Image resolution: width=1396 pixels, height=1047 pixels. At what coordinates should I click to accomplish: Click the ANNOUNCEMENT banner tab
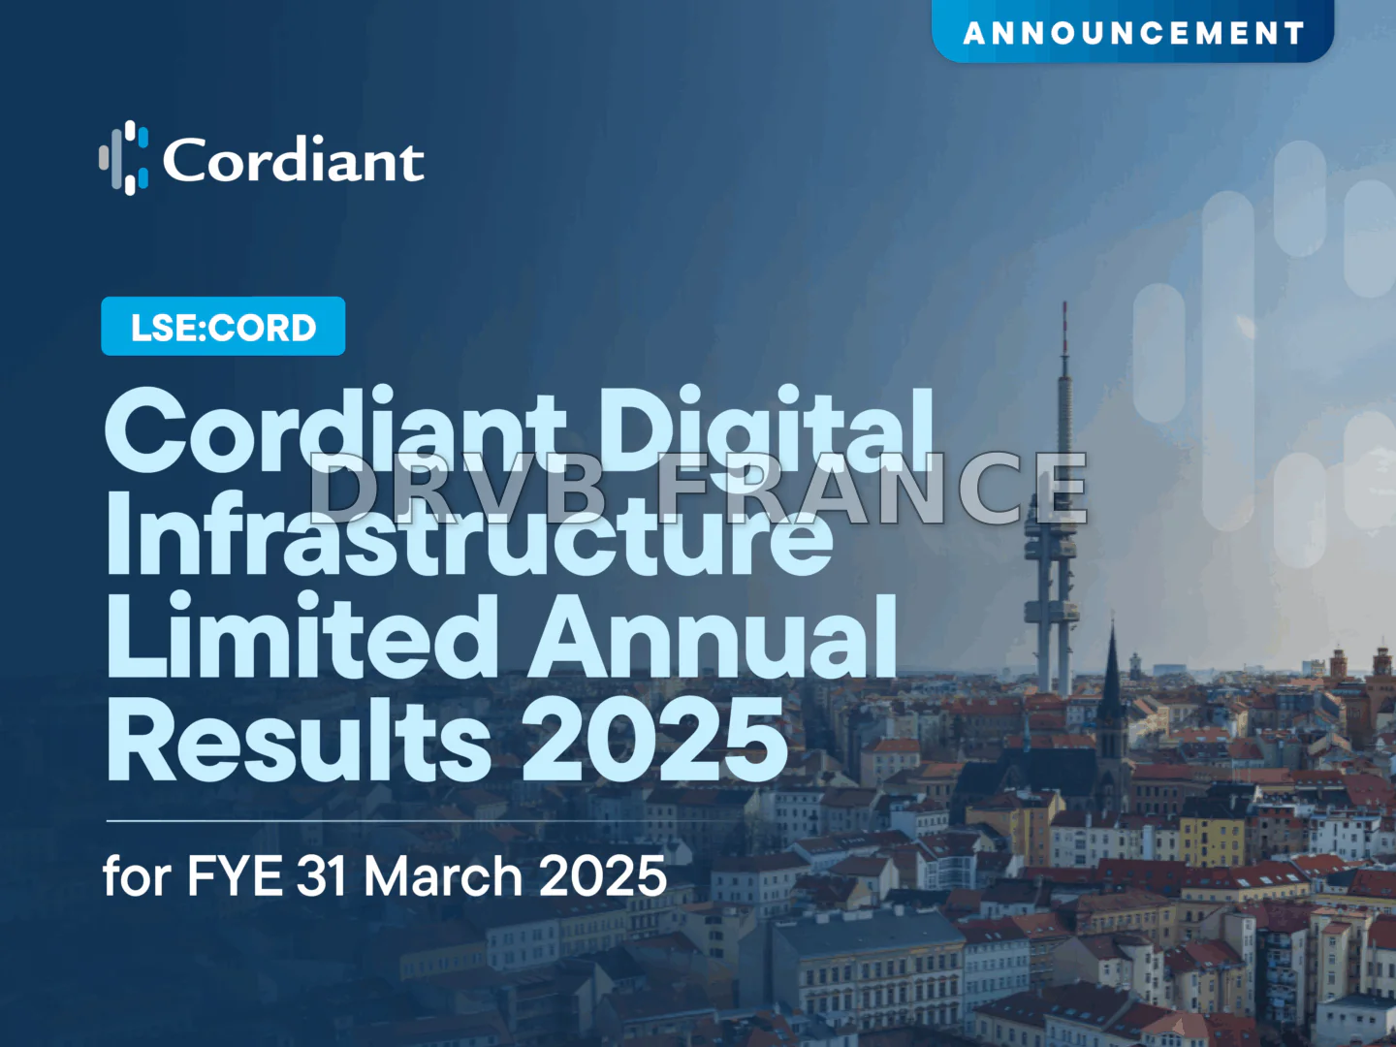coord(1132,33)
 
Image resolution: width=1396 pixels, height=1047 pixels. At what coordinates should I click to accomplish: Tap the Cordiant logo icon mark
coord(124,158)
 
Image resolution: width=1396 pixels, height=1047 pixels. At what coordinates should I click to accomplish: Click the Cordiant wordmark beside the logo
coord(293,160)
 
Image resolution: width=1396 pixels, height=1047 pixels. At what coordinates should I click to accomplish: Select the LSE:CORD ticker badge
coord(223,327)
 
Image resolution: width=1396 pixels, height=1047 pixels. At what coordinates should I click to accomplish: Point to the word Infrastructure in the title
coord(469,533)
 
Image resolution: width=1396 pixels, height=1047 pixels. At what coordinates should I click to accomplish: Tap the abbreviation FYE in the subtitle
coord(234,876)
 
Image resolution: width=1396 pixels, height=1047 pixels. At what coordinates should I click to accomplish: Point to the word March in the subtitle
coord(443,876)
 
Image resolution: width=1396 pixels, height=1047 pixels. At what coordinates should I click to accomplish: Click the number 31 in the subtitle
coord(321,876)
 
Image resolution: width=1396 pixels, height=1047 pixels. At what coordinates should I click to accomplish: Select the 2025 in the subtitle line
coord(602,876)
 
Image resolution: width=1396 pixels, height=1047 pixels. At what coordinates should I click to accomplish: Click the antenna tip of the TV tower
coord(1064,308)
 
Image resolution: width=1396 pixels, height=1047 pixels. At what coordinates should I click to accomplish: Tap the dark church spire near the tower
coord(1112,669)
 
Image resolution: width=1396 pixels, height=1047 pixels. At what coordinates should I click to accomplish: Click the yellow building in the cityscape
coord(1212,840)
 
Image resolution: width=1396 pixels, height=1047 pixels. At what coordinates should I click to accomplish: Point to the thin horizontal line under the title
coord(388,820)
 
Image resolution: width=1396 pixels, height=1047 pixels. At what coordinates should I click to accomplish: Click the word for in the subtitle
coord(137,876)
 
